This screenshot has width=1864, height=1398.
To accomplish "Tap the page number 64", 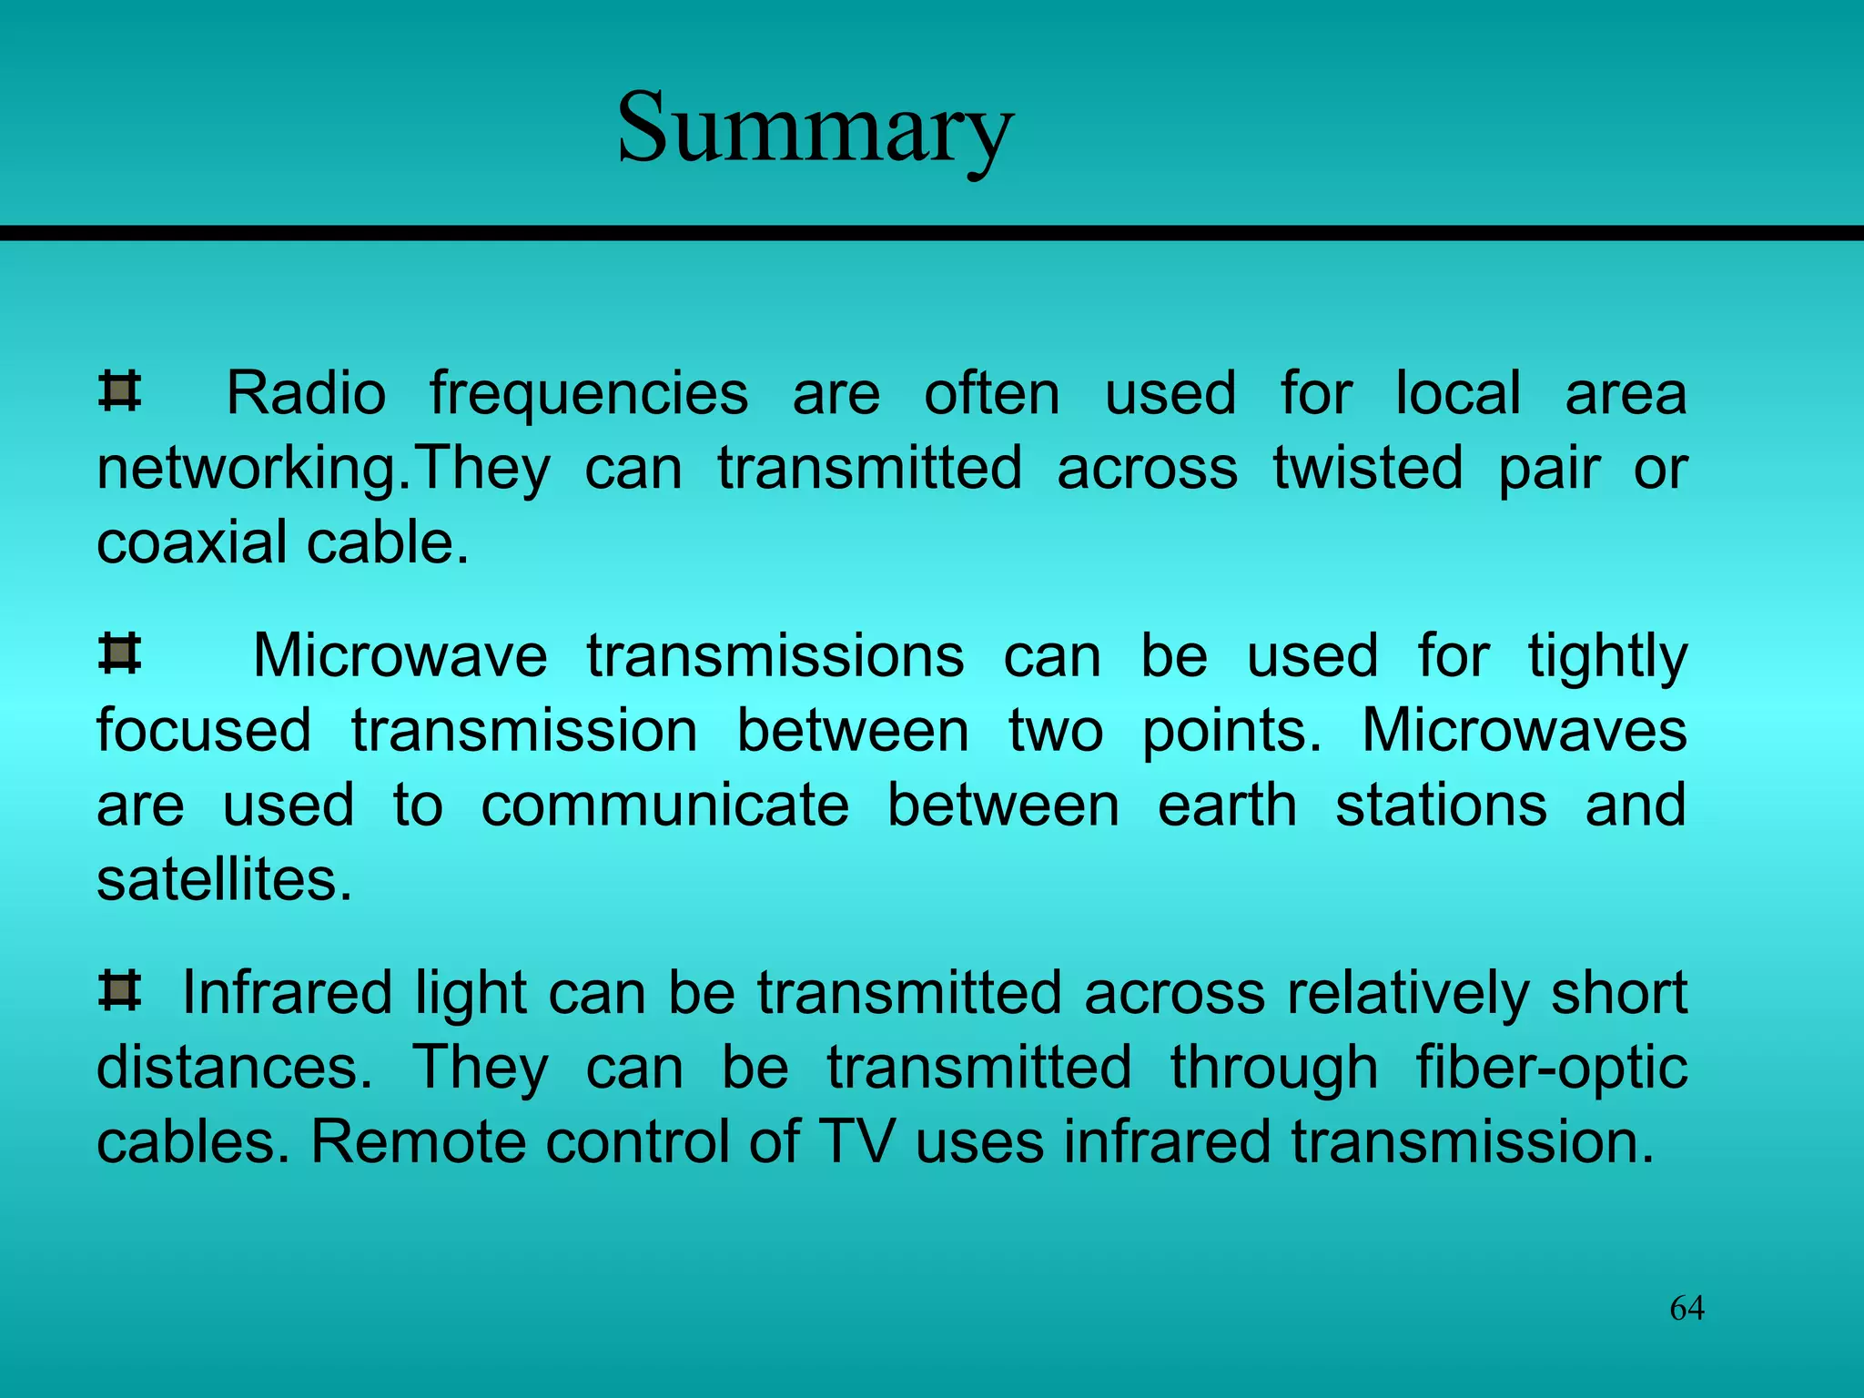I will [x=1687, y=1308].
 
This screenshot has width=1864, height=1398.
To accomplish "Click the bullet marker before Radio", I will [x=119, y=391].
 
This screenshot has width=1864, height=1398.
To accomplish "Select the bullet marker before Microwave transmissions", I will [x=119, y=653].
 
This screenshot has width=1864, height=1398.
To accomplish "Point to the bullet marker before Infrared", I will [x=119, y=990].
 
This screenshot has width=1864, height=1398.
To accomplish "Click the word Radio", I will [x=306, y=393].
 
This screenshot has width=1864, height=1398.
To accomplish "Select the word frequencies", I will [x=589, y=395].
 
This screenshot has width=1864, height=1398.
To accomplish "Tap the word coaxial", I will [x=191, y=542].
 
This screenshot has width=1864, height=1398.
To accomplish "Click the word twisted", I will [x=1367, y=468].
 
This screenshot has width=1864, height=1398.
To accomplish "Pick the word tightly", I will [x=1607, y=657].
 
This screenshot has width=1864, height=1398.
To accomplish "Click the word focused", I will [x=204, y=730].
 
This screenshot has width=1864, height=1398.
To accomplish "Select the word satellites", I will [x=224, y=880].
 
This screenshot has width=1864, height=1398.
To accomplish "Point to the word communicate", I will [x=664, y=805].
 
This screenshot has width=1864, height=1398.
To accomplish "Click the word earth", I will [x=1227, y=805].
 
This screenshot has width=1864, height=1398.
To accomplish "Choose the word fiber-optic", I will [x=1551, y=1068].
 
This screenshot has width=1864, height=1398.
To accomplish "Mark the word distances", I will [x=234, y=1068].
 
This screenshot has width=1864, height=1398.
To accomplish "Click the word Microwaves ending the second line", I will [x=1524, y=730].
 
